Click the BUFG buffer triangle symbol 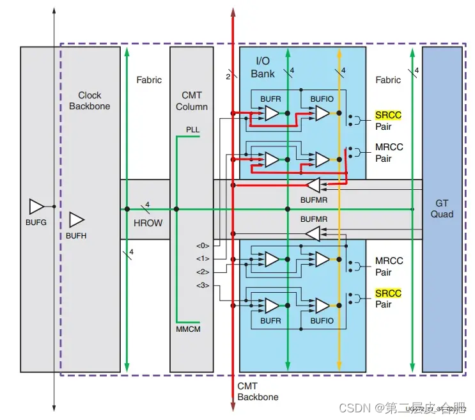pos(36,206)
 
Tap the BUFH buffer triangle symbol pos(77,219)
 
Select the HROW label pos(148,223)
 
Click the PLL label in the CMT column pos(192,130)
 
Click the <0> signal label pos(203,245)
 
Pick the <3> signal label pos(203,285)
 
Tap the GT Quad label pos(442,208)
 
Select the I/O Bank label pos(263,67)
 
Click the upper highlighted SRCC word pos(388,116)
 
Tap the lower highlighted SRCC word pos(388,293)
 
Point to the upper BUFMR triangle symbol pos(313,185)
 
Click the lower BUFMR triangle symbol pos(313,234)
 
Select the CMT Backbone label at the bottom pos(258,391)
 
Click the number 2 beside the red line pos(228,76)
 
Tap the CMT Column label pos(191,101)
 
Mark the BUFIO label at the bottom pos(322,321)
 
